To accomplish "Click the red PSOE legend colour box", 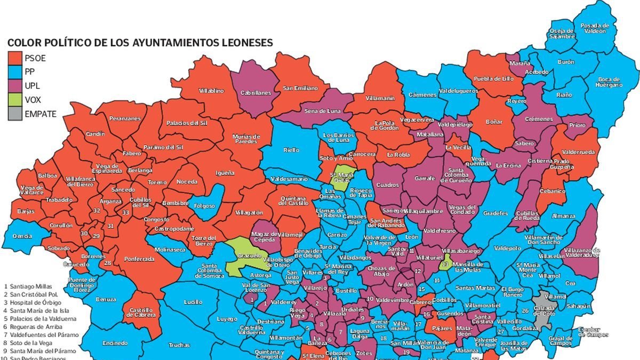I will tap(14, 58).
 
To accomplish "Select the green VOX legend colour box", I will tap(14, 99).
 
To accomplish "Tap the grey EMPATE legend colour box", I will tap(14, 113).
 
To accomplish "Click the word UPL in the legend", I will tap(33, 85).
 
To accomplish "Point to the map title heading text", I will tap(140, 43).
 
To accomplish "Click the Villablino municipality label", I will tap(211, 91).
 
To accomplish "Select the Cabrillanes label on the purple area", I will tap(256, 92).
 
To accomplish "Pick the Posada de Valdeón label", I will tap(594, 28).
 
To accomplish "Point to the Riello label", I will tap(291, 150).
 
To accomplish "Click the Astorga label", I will tap(261, 275).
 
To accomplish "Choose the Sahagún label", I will tap(579, 306).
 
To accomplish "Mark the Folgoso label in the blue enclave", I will tap(204, 205).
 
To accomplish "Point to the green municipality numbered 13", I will tap(445, 263).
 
